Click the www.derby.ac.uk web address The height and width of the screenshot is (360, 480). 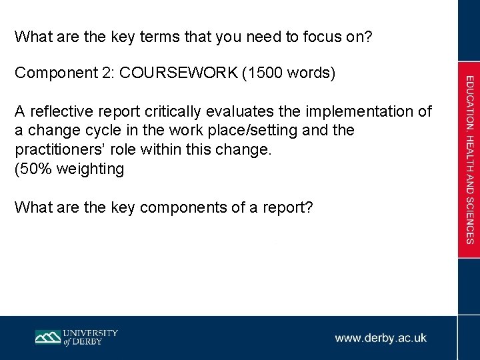pos(381,338)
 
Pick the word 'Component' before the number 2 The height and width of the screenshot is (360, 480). pos(51,73)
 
